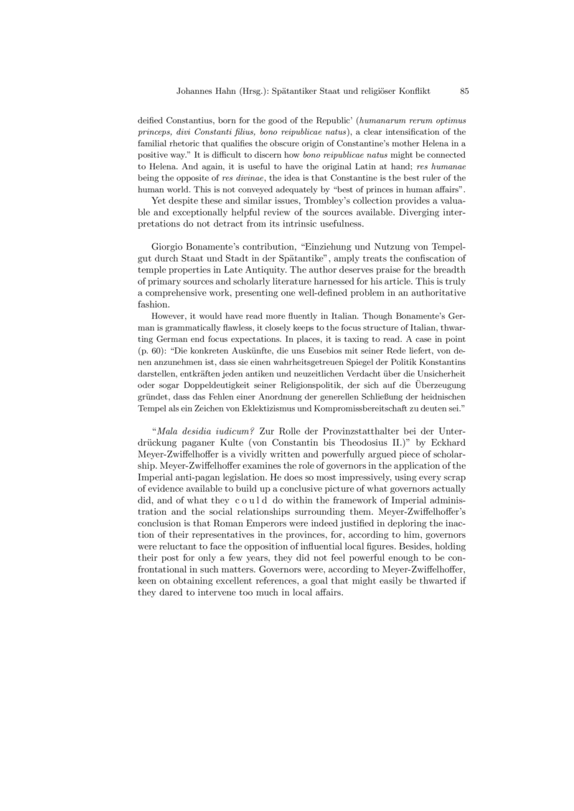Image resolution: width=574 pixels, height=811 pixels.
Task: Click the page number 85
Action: (x=464, y=92)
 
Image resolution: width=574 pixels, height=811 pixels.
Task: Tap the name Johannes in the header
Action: (x=194, y=92)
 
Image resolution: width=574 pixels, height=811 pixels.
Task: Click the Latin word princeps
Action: (x=154, y=133)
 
